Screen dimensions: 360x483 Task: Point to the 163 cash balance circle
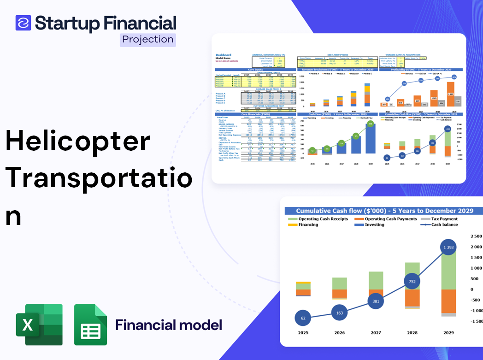coord(339,313)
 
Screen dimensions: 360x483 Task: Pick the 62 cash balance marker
coord(303,318)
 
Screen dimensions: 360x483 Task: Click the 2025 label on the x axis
coord(303,332)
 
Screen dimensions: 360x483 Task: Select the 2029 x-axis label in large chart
coord(448,332)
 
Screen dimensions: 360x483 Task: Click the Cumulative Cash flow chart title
coord(384,211)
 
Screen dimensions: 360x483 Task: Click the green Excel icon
coord(39,325)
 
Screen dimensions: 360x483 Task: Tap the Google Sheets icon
coord(91,325)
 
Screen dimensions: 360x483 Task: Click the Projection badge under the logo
coord(148,40)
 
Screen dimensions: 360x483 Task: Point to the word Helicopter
coord(78,141)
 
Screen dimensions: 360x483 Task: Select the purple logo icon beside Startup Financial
coord(23,23)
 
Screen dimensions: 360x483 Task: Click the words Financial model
coord(169,325)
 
